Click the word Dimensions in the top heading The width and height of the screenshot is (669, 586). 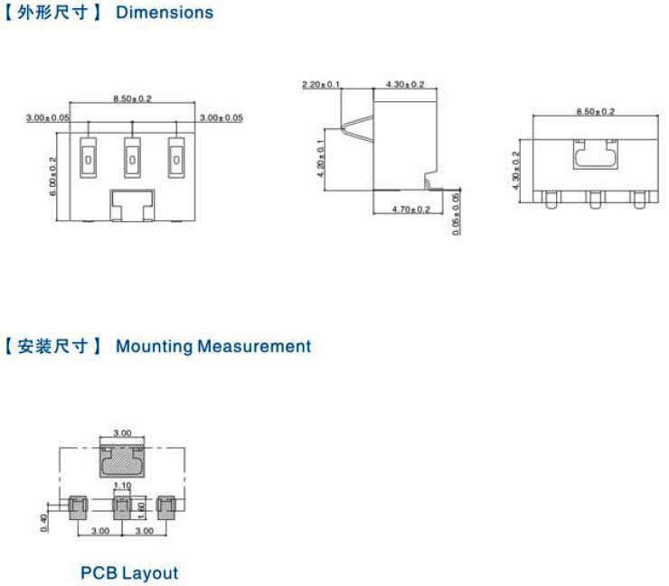165,13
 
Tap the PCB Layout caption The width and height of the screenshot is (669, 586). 129,572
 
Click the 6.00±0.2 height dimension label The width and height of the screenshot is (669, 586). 53,176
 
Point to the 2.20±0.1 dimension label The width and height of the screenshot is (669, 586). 321,85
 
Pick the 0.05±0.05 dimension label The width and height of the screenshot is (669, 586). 456,214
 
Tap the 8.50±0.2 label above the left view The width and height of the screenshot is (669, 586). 132,98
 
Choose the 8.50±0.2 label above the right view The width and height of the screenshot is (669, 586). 595,111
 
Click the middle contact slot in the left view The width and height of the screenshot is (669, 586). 132,157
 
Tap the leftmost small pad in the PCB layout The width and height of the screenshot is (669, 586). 77,507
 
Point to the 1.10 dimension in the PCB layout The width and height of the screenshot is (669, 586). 125,487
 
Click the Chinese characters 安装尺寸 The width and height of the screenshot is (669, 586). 53,346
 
